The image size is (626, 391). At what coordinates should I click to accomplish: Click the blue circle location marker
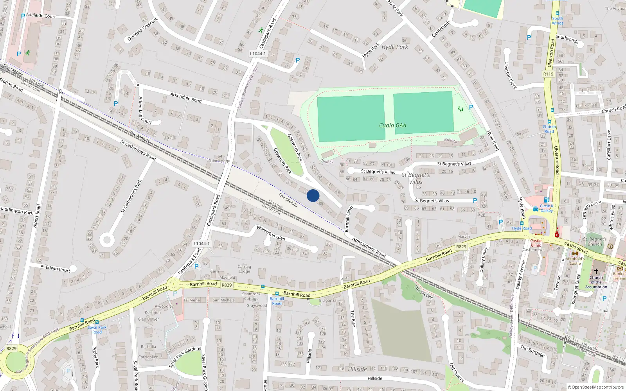pyautogui.click(x=313, y=195)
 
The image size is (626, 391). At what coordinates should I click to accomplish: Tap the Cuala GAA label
pyautogui.click(x=392, y=126)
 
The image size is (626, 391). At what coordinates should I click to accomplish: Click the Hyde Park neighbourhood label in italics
pyautogui.click(x=395, y=47)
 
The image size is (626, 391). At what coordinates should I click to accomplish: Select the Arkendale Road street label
pyautogui.click(x=186, y=97)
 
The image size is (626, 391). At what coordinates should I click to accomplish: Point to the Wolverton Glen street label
pyautogui.click(x=271, y=233)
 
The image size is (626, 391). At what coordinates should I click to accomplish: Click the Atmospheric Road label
pyautogui.click(x=369, y=247)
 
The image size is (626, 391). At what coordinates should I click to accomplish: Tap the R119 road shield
pyautogui.click(x=548, y=74)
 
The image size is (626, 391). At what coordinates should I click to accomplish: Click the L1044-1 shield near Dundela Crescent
pyautogui.click(x=258, y=54)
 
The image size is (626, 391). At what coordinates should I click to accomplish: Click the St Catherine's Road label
pyautogui.click(x=138, y=150)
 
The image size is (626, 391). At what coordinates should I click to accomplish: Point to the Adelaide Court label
pyautogui.click(x=41, y=16)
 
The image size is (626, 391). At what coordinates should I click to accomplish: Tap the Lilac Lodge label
pyautogui.click(x=220, y=161)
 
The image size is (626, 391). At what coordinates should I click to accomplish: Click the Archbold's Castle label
pyautogui.click(x=575, y=261)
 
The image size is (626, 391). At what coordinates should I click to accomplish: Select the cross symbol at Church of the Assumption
pyautogui.click(x=596, y=271)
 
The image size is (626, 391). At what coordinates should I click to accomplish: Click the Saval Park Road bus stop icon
pyautogui.click(x=97, y=323)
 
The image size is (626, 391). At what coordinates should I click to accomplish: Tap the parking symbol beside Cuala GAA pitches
pyautogui.click(x=471, y=107)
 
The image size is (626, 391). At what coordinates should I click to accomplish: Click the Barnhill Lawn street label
pyautogui.click(x=348, y=219)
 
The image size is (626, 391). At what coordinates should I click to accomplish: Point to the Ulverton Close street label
pyautogui.click(x=510, y=75)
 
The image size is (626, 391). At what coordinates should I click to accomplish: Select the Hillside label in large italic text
pyautogui.click(x=357, y=369)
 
